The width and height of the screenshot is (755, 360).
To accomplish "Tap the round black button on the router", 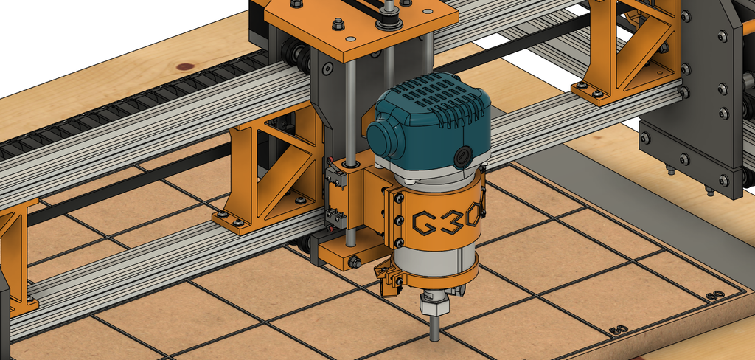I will point(464,155).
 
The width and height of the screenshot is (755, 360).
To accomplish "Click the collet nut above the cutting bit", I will point(434,303).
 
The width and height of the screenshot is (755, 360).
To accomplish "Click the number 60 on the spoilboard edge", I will point(714,296).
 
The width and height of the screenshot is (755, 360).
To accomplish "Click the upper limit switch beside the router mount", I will point(333,178).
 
